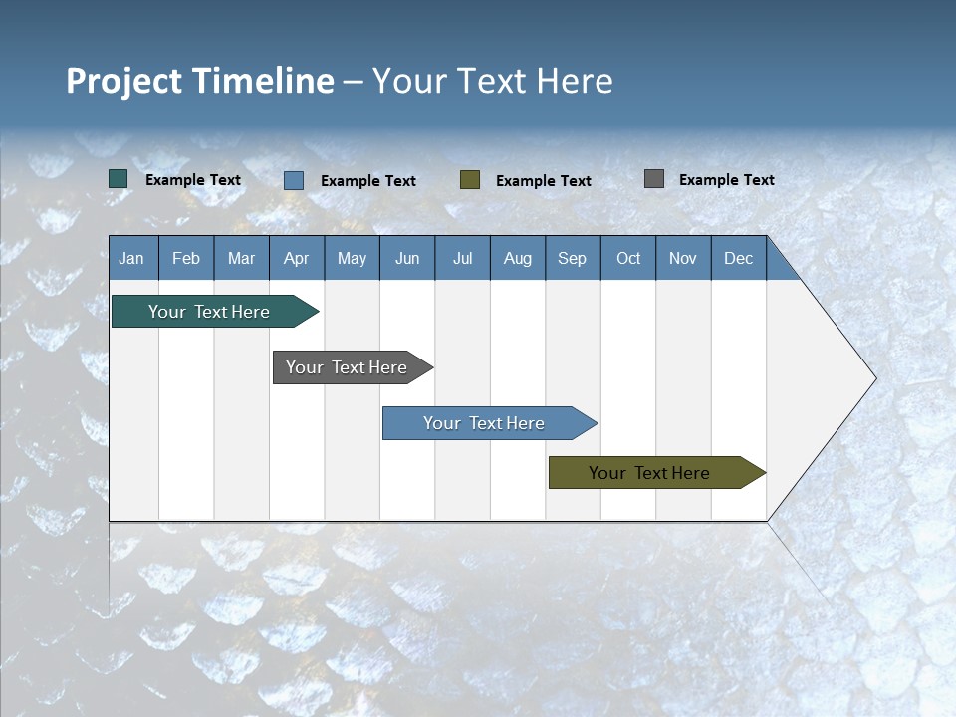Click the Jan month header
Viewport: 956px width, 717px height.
[x=132, y=258]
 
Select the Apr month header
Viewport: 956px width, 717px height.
[x=297, y=258]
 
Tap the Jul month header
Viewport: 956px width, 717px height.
[x=462, y=258]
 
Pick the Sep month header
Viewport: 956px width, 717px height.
[x=572, y=258]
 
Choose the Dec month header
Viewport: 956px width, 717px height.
[x=738, y=258]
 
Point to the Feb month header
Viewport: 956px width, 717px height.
[x=186, y=258]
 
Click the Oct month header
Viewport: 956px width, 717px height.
[x=628, y=258]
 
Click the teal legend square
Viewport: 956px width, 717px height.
[x=119, y=179]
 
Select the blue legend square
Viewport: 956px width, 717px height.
[x=294, y=180]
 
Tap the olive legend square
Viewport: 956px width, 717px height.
[x=470, y=180]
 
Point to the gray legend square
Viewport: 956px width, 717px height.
[x=654, y=179]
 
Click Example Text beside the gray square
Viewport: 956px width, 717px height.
[x=726, y=180]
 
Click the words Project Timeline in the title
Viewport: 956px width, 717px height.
[x=199, y=81]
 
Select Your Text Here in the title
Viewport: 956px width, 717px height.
[x=493, y=81]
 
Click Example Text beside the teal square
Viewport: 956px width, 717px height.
[x=193, y=180]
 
